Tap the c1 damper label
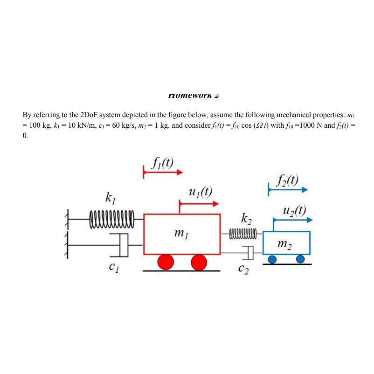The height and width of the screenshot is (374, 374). (x=113, y=267)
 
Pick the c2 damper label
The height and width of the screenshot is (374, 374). (x=243, y=269)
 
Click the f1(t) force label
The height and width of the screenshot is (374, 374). (x=163, y=163)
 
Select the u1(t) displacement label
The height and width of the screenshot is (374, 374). (x=200, y=192)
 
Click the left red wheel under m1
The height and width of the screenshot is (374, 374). (x=166, y=262)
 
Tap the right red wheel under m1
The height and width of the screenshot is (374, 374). (x=199, y=262)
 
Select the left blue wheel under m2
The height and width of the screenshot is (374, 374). (x=272, y=259)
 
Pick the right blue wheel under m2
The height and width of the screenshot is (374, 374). (x=301, y=259)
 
